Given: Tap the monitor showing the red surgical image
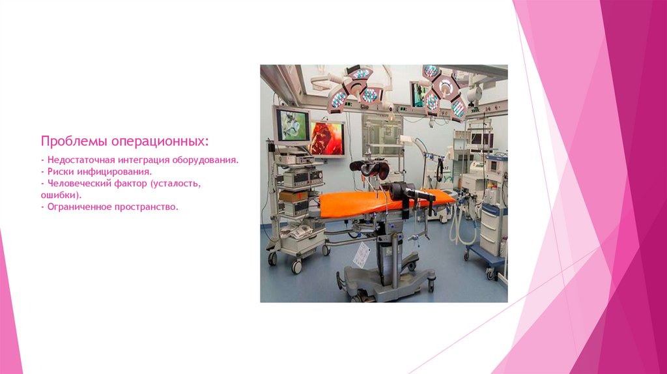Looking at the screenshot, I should click(327, 138).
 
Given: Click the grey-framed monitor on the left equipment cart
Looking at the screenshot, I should click(291, 125).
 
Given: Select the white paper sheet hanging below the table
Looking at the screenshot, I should click(362, 253).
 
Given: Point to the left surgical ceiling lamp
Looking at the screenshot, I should click(353, 88).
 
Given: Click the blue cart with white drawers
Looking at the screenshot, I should click(492, 228).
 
